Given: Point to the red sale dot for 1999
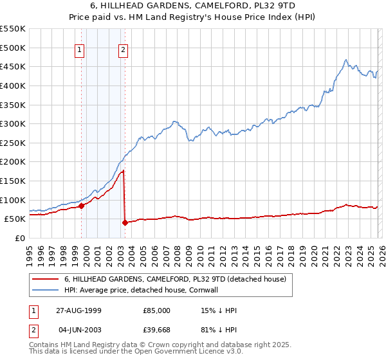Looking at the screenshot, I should point(82,206).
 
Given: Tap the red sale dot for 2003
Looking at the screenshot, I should point(125,223).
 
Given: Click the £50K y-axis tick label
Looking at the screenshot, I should point(15,219).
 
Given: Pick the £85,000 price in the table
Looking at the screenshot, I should point(157,310).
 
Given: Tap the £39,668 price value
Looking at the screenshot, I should point(157,330).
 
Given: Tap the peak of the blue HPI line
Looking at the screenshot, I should point(345,60).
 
